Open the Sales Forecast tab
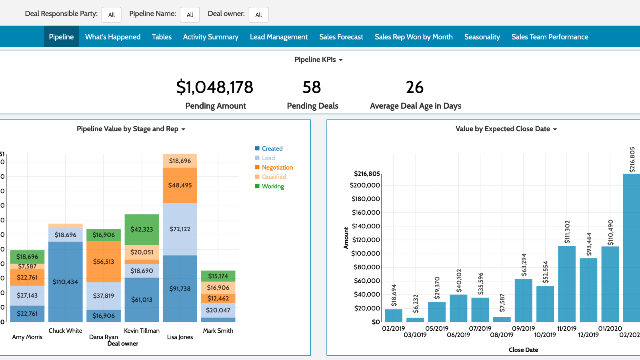pyautogui.click(x=341, y=37)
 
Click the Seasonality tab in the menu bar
pyautogui.click(x=482, y=37)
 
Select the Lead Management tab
pyautogui.click(x=279, y=37)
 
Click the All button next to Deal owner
pyautogui.click(x=258, y=15)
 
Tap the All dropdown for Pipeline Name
pyautogui.click(x=190, y=15)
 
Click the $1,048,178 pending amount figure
pyautogui.click(x=215, y=87)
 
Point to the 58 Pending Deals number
pyautogui.click(x=312, y=87)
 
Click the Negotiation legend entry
pyautogui.click(x=277, y=168)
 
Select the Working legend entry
pyautogui.click(x=273, y=186)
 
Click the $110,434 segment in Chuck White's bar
pyautogui.click(x=66, y=282)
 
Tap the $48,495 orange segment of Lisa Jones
pyautogui.click(x=180, y=185)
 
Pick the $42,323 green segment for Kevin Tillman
pyautogui.click(x=142, y=229)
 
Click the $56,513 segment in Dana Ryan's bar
pyautogui.click(x=104, y=262)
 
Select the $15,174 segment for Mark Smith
pyautogui.click(x=218, y=276)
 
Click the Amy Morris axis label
pyautogui.click(x=27, y=337)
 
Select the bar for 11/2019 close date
pyautogui.click(x=567, y=284)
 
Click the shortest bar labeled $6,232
pyautogui.click(x=415, y=320)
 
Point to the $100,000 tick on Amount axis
pyautogui.click(x=366, y=254)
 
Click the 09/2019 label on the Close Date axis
pyautogui.click(x=523, y=329)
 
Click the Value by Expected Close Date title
pyautogui.click(x=503, y=129)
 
